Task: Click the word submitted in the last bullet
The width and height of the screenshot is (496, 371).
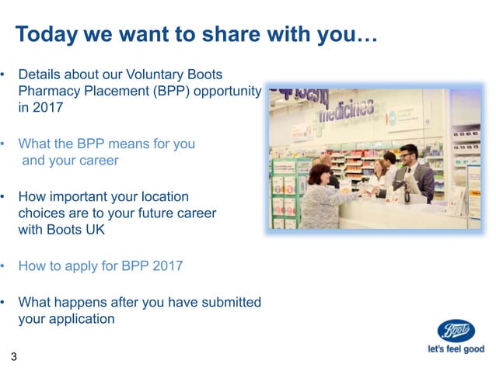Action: tap(231, 302)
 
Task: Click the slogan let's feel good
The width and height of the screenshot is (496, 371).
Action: tap(456, 349)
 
